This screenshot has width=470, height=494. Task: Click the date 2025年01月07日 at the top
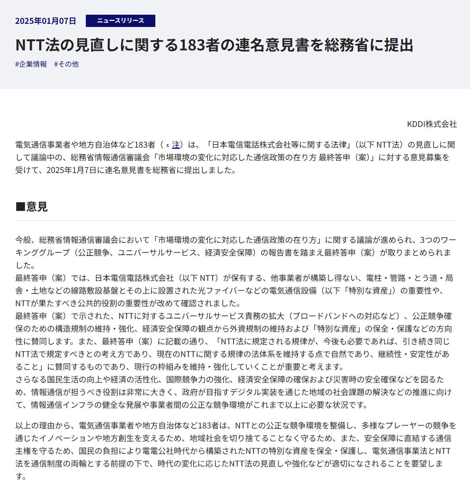[x=45, y=21]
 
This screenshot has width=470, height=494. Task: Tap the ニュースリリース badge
[x=120, y=21]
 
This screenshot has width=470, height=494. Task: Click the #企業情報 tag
[x=31, y=64]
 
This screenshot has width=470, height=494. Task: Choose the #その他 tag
[x=66, y=64]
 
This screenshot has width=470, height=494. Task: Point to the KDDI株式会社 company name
[x=432, y=124]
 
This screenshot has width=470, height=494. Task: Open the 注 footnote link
[x=176, y=145]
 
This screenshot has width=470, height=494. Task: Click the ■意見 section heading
[x=31, y=207]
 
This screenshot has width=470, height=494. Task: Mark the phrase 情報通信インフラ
[x=62, y=405]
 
